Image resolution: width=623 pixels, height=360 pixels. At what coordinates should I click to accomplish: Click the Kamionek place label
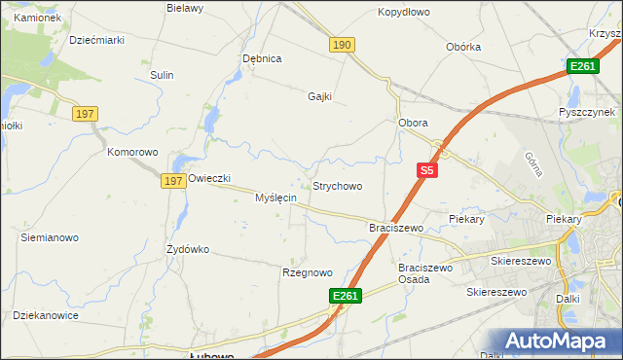coord(38,18)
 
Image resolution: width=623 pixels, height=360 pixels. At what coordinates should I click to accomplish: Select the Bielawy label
coord(184,8)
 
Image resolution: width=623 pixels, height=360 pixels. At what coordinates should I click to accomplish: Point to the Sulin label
coord(162,74)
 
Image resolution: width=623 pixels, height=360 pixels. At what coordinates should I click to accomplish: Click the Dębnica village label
coord(262,58)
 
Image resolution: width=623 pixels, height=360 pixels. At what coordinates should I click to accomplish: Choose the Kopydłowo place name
coord(404,13)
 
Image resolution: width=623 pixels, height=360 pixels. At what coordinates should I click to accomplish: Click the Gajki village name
coord(319,96)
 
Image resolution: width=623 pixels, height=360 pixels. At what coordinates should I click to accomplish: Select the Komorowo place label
coord(132,153)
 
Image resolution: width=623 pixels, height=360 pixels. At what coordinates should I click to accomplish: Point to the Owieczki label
coord(208,179)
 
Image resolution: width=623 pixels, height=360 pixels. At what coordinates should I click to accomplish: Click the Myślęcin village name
coord(275,198)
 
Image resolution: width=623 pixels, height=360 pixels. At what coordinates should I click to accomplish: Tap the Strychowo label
coord(337,186)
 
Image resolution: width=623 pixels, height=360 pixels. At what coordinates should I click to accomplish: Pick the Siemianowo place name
coord(50,237)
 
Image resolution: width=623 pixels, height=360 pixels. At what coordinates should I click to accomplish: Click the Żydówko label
coord(188,249)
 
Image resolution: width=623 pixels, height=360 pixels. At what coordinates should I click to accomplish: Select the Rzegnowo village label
coord(308,273)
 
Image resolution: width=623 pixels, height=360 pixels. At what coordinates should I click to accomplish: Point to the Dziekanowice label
coord(45,315)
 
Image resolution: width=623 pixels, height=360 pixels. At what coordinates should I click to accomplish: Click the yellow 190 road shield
coord(342,46)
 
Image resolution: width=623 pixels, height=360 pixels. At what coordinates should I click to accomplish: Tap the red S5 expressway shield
coord(426,170)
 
